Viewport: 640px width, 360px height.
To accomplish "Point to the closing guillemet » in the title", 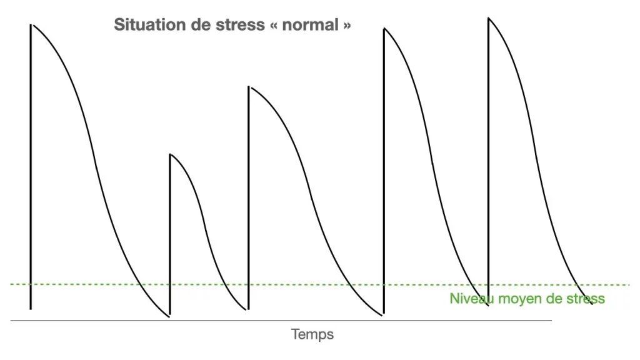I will pos(346,26).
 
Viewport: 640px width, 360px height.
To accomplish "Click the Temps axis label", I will pos(312,334).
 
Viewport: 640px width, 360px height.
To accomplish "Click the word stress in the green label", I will pos(584,299).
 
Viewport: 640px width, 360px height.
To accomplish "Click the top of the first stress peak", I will pos(31,25).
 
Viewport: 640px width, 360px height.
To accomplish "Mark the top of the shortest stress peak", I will pos(170,154).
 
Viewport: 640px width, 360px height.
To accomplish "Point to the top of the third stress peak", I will pos(249,87).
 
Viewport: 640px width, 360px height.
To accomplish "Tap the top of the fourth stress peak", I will pos(384,29).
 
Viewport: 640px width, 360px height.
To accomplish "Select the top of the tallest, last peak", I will pos(488,18).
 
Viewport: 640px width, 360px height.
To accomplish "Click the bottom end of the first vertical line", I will pos(31,309).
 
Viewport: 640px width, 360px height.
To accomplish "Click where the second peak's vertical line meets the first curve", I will pos(169,316).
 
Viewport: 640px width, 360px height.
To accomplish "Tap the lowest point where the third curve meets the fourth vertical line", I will pos(383,314).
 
